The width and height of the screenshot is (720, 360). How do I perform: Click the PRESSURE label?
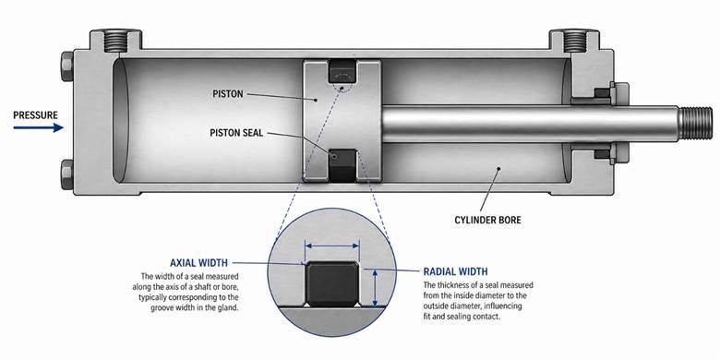[x=35, y=114]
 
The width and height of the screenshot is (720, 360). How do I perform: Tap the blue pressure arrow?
[x=38, y=127]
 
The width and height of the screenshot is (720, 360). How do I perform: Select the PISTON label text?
[x=228, y=94]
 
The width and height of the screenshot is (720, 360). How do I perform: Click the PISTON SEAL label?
[x=236, y=133]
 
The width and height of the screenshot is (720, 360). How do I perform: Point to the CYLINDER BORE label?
[x=487, y=220]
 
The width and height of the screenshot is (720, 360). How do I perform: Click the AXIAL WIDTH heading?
[x=198, y=263]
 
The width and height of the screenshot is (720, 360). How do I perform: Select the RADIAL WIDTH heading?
[x=455, y=271]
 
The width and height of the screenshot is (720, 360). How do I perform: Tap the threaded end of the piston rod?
[x=696, y=123]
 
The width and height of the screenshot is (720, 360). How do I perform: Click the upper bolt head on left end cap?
[x=66, y=66]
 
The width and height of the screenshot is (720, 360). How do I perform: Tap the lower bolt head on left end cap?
[x=66, y=174]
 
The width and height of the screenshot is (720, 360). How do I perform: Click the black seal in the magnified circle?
[x=332, y=283]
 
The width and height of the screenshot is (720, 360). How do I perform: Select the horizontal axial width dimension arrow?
[x=332, y=246]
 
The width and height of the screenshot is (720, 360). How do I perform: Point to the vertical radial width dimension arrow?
[x=375, y=288]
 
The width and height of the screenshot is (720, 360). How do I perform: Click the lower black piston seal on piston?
[x=342, y=165]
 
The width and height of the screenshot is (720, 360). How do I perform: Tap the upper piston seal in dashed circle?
[x=342, y=71]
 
